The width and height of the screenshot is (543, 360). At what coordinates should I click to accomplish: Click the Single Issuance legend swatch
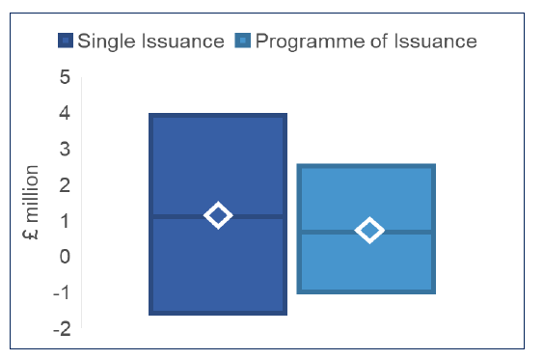point(66,41)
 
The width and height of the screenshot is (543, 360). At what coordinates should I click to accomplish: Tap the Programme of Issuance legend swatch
point(242,41)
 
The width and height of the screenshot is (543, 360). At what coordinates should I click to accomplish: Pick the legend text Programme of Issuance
point(366,41)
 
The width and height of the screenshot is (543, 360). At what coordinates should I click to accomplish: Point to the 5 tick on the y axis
point(65,77)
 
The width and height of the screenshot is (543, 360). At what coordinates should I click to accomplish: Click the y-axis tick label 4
point(65,113)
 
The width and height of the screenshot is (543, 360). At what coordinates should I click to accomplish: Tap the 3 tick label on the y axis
point(65,149)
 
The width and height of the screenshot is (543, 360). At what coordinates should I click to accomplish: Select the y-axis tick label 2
point(65,184)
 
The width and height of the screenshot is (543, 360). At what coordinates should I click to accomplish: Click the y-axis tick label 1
point(65,220)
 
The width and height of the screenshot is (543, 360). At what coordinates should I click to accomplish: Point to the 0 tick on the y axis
point(65,256)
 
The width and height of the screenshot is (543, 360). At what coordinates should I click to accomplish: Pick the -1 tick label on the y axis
point(61,292)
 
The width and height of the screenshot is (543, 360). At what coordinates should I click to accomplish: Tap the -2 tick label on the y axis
point(61,328)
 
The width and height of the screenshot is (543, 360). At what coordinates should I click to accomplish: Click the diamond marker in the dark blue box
point(218,215)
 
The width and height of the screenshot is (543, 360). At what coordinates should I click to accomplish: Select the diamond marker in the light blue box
point(369,230)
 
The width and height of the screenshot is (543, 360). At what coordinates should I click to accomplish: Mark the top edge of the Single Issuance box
point(218,116)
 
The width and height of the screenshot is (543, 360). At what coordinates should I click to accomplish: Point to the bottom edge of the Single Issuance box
point(218,313)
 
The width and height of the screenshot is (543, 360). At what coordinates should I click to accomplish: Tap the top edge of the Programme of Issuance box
point(367,167)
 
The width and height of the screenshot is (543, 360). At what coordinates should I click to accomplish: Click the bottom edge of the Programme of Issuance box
point(367,291)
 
